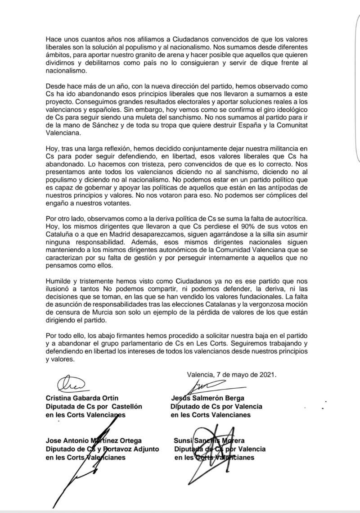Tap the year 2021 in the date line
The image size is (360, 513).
[266, 374]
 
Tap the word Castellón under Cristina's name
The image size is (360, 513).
[127, 406]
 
